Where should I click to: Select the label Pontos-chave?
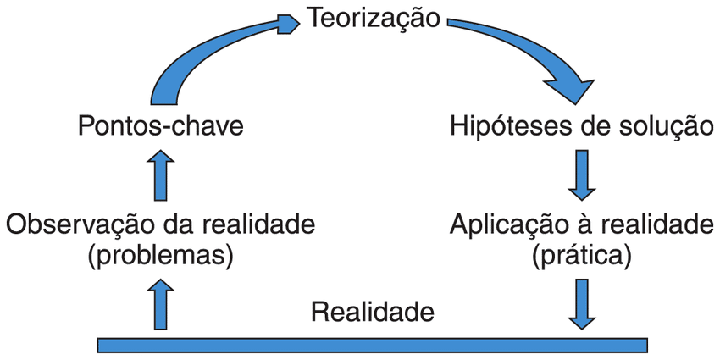pyautogui.click(x=161, y=127)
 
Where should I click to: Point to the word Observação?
pyautogui.click(x=80, y=225)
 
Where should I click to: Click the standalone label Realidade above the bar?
pyautogui.click(x=373, y=312)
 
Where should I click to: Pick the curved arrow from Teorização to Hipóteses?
pyautogui.click(x=525, y=51)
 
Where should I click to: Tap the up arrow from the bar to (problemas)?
pyautogui.click(x=161, y=307)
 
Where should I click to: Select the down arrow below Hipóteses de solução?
pyautogui.click(x=584, y=174)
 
